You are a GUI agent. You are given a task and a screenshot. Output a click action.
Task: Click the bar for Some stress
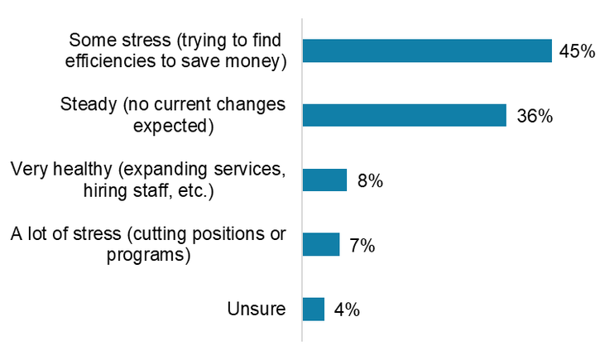click(x=427, y=50)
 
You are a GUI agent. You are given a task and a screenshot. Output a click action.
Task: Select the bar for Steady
click(x=404, y=115)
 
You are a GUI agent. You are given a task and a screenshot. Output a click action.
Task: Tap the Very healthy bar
click(x=324, y=180)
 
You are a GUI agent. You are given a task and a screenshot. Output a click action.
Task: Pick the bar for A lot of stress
click(x=321, y=244)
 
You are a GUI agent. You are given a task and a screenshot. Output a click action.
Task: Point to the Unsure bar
click(x=314, y=309)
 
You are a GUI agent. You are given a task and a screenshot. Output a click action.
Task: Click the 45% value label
click(x=576, y=51)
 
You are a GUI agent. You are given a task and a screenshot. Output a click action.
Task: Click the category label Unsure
click(x=257, y=310)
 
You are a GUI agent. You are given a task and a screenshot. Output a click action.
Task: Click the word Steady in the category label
click(x=86, y=105)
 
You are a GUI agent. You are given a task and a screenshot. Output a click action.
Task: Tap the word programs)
click(x=149, y=255)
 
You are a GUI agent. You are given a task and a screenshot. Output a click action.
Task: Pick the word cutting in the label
click(x=150, y=234)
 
